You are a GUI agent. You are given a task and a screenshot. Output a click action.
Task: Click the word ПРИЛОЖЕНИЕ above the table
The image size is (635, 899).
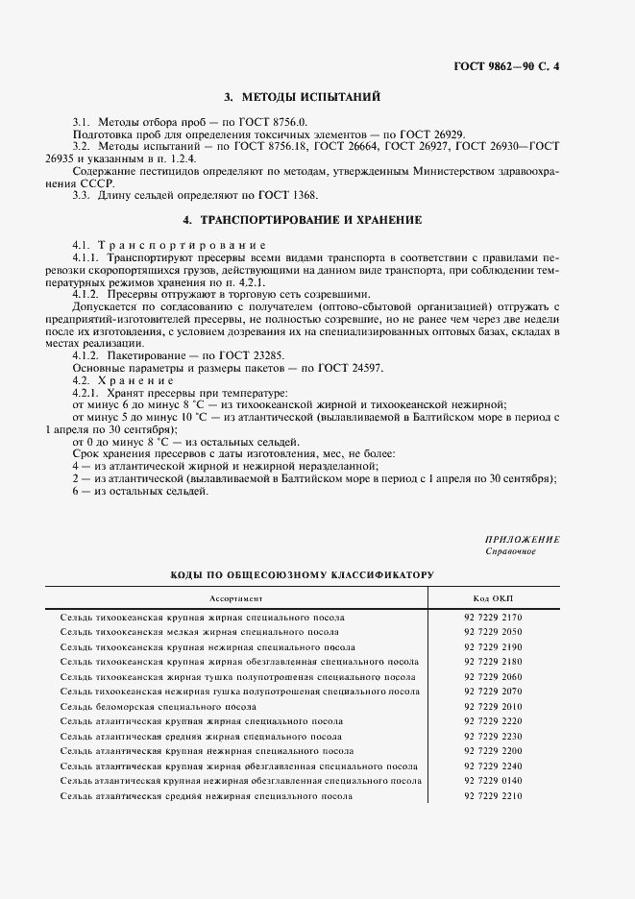[523, 540]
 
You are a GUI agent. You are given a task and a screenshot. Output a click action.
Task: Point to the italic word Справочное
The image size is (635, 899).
[511, 552]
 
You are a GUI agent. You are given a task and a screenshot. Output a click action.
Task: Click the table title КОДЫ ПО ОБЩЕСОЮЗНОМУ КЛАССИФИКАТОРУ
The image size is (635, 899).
[303, 574]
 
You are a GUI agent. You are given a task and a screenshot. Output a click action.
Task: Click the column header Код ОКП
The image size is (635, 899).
[493, 597]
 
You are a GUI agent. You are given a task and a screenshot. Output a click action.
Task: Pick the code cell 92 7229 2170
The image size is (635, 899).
[493, 618]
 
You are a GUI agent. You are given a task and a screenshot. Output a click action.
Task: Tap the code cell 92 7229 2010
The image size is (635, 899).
[493, 707]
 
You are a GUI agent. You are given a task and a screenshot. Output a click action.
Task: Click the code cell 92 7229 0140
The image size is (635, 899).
[493, 782]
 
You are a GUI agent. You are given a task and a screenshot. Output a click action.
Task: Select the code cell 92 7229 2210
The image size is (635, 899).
[493, 796]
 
